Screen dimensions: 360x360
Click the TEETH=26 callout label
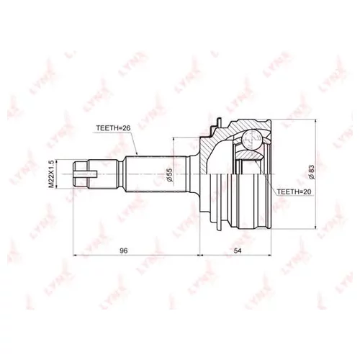[x=113, y=128]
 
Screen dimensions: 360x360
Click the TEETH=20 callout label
[x=294, y=192]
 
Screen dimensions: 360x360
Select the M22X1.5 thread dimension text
[x=51, y=174]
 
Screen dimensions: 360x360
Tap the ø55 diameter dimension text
[x=169, y=175]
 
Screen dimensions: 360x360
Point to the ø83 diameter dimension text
[x=311, y=172]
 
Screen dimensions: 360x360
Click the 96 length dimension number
[x=124, y=251]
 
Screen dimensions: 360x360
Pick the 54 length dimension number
[x=238, y=251]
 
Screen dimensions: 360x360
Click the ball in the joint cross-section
[x=251, y=140]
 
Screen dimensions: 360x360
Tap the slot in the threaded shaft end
[x=86, y=174]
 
